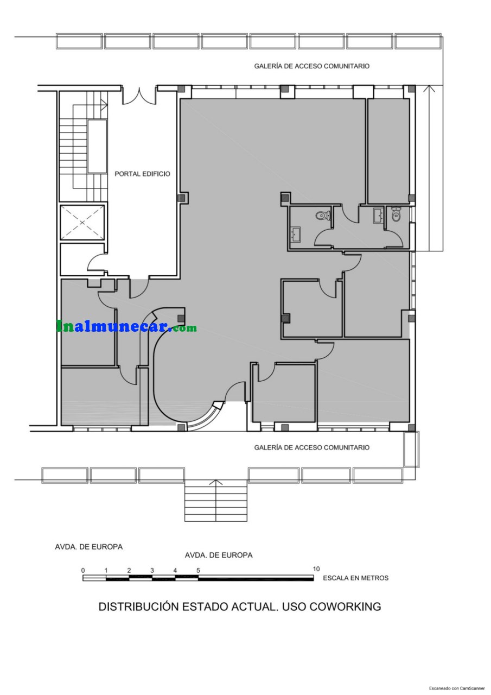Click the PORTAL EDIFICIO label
[x=142, y=174]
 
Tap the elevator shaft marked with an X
[x=82, y=222]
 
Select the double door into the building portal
[x=139, y=95]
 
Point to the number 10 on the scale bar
[x=316, y=569]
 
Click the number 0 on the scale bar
[x=83, y=570]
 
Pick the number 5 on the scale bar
[x=198, y=570]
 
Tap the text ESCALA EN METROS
[x=355, y=578]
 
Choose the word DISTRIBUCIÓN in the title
[x=138, y=606]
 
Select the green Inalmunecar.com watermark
[x=126, y=327]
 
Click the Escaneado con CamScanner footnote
[x=457, y=688]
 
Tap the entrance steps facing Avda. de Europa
[x=216, y=502]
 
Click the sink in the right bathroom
[x=378, y=216]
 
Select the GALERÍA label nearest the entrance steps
[x=312, y=447]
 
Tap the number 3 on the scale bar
[x=152, y=570]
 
